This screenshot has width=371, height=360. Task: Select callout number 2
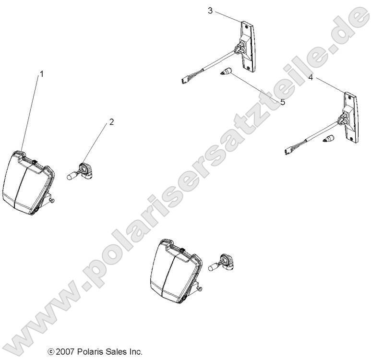pyautogui.click(x=111, y=122)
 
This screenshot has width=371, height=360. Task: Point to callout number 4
pyautogui.click(x=311, y=77)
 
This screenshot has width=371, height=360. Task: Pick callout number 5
pyautogui.click(x=282, y=102)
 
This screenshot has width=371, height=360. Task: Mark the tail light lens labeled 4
pyautogui.click(x=351, y=118)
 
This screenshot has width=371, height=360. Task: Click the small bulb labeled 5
pyautogui.click(x=226, y=73)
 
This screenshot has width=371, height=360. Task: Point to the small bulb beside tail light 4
pyautogui.click(x=329, y=140)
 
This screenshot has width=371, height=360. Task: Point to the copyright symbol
pyautogui.click(x=51, y=352)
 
